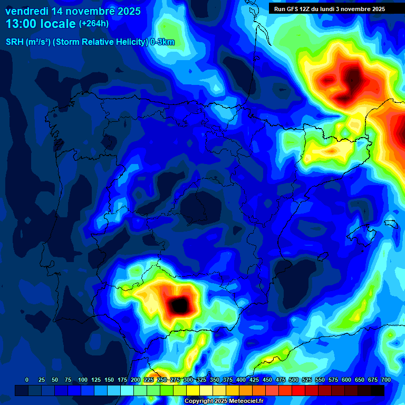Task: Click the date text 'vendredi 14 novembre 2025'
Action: pyautogui.click(x=73, y=11)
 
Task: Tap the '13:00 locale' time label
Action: pyautogui.click(x=41, y=24)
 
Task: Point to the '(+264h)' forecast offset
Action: pyautogui.click(x=93, y=24)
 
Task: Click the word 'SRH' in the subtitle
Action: pyautogui.click(x=14, y=42)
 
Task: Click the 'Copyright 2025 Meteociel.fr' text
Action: pyautogui.click(x=224, y=401)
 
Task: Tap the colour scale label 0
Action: pyautogui.click(x=27, y=380)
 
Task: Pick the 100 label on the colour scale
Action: pyautogui.click(x=83, y=380)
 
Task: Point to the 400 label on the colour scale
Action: pyautogui.click(x=241, y=380)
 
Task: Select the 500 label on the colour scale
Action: pyautogui.click(x=294, y=380)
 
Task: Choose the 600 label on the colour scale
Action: pyautogui.click(x=346, y=380)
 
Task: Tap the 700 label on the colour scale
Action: pyautogui.click(x=386, y=380)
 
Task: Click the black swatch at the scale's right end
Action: pyautogui.click(x=378, y=390)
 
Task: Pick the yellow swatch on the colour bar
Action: pyautogui.click(x=193, y=390)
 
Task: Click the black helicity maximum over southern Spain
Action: pyautogui.click(x=179, y=304)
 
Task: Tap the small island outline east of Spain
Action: pyautogui.click(x=389, y=224)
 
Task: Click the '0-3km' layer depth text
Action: pyautogui.click(x=162, y=42)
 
